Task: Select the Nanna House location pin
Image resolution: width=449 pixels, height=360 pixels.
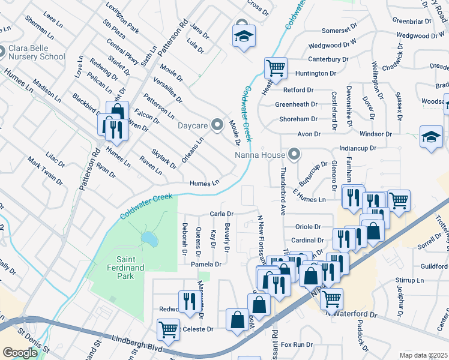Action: [294, 155]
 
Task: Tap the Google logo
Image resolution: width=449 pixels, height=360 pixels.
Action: [20, 353]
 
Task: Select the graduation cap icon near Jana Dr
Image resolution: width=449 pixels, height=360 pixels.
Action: [244, 37]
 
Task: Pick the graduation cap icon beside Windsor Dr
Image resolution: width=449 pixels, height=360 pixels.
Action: [431, 137]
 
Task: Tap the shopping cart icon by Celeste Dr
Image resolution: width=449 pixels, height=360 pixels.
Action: [169, 329]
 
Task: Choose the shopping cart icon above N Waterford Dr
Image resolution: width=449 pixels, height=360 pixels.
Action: [331, 298]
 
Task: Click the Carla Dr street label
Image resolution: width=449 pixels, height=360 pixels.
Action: [221, 214]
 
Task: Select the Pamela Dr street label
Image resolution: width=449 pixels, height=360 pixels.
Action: [206, 264]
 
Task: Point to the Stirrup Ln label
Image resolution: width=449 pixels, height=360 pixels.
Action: [410, 280]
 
